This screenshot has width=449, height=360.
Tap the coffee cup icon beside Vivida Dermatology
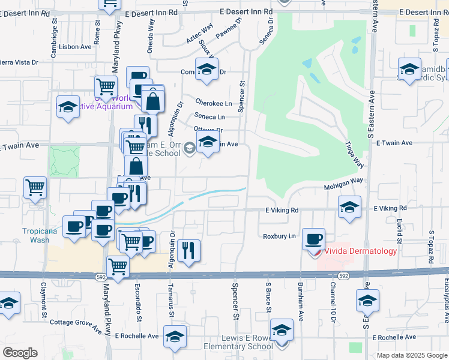pos(313,239)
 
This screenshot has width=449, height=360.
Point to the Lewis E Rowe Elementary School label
pos(239,342)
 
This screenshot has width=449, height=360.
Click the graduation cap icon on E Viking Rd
pos(349,207)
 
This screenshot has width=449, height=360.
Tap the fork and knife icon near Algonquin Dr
pos(189,250)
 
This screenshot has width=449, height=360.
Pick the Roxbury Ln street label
pos(279,236)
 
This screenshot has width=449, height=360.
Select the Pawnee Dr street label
pos(228,28)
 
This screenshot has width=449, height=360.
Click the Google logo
pos(20,352)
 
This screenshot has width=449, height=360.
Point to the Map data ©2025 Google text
pos(411,355)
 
